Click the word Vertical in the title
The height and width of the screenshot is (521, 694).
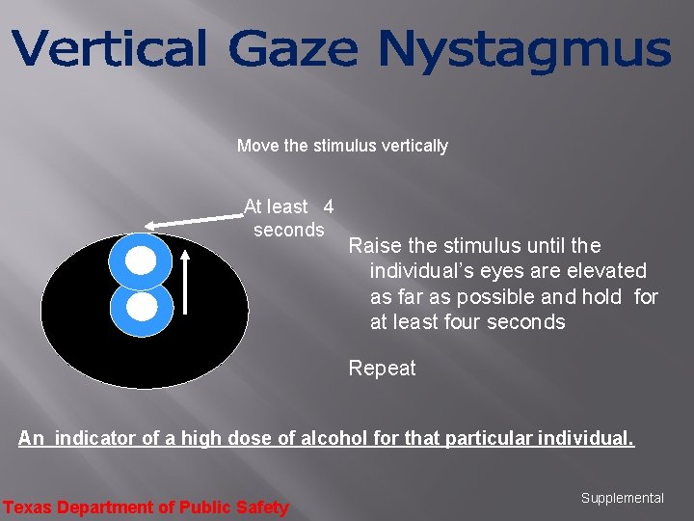click(x=109, y=49)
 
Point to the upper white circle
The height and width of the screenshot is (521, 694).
click(x=141, y=260)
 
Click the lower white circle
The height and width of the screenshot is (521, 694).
click(x=142, y=307)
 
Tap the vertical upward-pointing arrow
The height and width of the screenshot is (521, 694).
click(x=186, y=281)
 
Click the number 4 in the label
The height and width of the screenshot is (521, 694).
click(x=328, y=206)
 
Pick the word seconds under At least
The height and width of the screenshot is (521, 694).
click(x=288, y=230)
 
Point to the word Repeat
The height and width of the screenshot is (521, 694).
click(x=382, y=368)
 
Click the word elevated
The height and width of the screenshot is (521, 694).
click(x=608, y=271)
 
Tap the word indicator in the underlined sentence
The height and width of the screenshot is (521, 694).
click(x=94, y=438)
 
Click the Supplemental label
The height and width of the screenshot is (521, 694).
click(x=622, y=498)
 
